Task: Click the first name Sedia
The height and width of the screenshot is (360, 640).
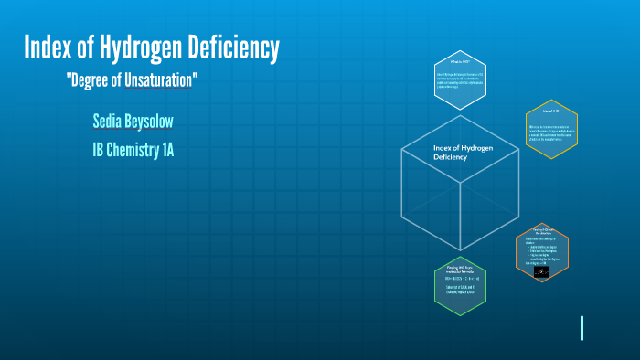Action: tap(112, 122)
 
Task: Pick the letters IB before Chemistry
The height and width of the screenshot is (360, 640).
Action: tap(99, 150)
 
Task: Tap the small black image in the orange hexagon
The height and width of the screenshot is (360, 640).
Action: tap(541, 271)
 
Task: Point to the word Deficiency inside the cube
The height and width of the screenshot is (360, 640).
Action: tap(450, 157)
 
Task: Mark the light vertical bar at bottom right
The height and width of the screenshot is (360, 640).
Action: tap(582, 328)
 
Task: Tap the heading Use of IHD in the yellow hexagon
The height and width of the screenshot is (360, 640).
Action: tap(551, 111)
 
